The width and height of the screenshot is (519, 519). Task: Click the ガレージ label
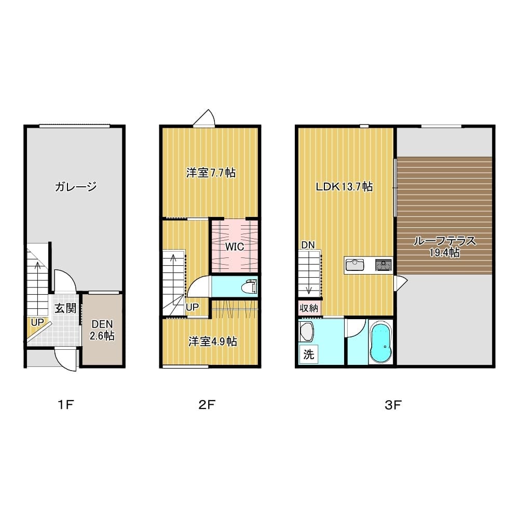point(75,187)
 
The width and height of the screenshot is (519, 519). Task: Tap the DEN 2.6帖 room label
point(102,330)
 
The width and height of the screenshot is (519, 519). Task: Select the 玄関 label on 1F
point(65,308)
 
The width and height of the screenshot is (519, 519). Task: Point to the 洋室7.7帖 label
point(211,173)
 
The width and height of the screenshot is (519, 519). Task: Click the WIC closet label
point(235,247)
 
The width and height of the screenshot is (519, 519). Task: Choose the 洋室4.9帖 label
point(212,342)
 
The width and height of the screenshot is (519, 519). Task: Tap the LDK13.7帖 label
point(344,187)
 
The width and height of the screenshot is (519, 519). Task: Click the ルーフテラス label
point(445,241)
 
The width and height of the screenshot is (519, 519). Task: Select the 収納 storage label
point(309,308)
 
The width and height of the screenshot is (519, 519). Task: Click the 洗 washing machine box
point(308,354)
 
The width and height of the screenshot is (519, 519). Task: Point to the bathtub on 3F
point(380,343)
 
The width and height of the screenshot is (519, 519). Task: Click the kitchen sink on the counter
point(355,265)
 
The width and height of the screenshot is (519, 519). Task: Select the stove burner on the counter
point(384,265)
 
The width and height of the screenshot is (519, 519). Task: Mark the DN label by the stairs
point(308,245)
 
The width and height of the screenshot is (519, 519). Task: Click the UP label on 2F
point(193,307)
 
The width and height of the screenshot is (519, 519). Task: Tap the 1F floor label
point(65,404)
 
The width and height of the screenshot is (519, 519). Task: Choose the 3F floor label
point(393,404)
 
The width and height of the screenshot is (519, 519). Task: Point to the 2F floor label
point(207,404)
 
